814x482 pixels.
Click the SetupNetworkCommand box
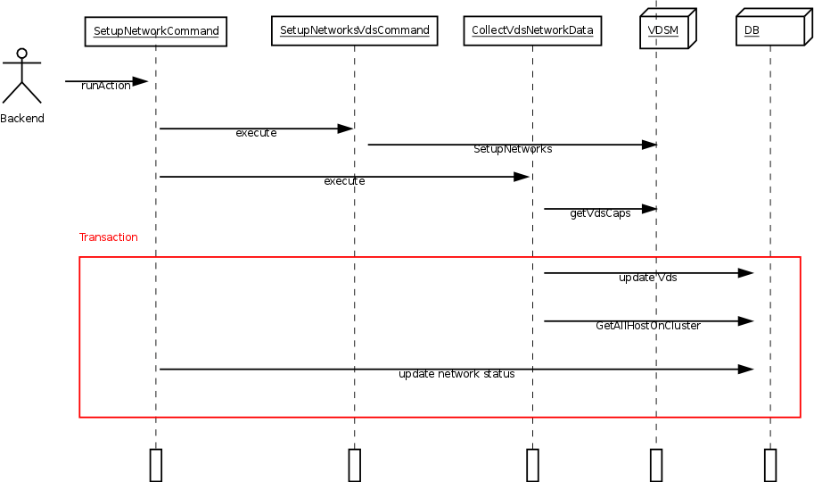[x=155, y=31]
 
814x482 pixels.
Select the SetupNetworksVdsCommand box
[x=354, y=30]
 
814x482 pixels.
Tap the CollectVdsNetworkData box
[x=532, y=30]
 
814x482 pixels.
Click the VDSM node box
[x=665, y=32]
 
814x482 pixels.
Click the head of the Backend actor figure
[x=21, y=54]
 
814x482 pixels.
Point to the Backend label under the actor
[x=21, y=119]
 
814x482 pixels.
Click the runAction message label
[x=105, y=86]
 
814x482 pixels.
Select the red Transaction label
[x=108, y=237]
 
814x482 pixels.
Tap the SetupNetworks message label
[x=512, y=149]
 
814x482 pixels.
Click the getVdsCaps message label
[x=600, y=213]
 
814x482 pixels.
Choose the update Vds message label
[x=647, y=278]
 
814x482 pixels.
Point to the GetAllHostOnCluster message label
[x=647, y=326]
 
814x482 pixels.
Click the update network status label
[x=456, y=374]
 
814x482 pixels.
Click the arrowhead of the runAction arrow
[x=140, y=81]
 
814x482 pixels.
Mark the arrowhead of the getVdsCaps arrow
[x=649, y=209]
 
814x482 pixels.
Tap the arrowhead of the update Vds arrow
[x=746, y=273]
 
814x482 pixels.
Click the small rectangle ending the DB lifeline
[x=770, y=464]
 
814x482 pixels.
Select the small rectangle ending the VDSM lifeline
[x=656, y=464]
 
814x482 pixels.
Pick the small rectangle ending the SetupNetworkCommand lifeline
[x=155, y=464]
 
